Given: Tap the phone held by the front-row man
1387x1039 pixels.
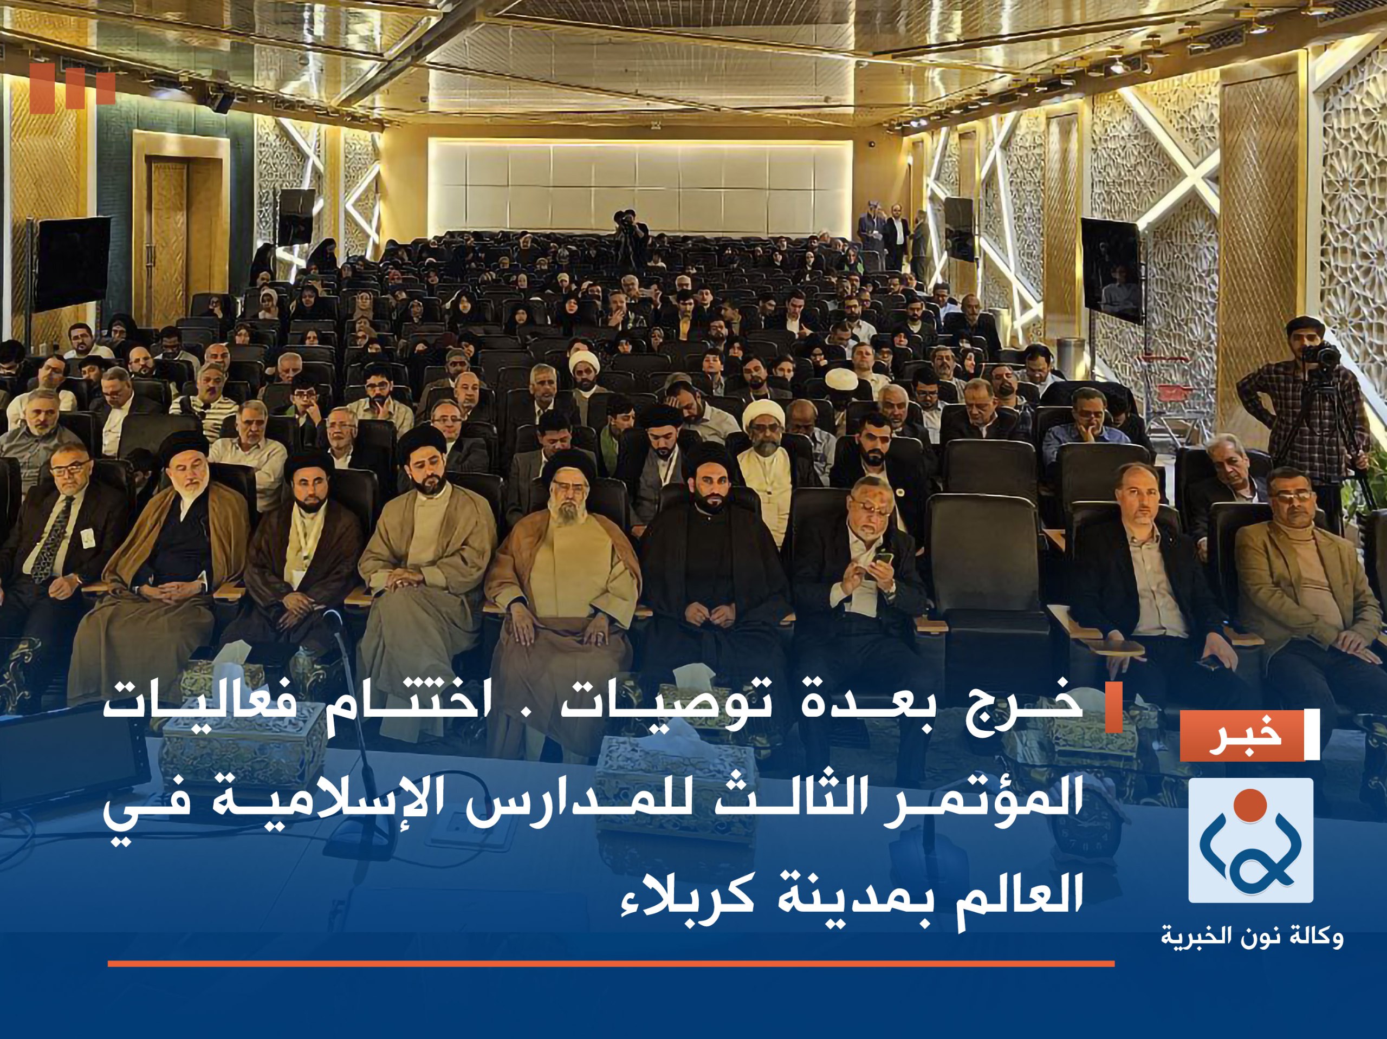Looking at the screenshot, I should click(x=883, y=557).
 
